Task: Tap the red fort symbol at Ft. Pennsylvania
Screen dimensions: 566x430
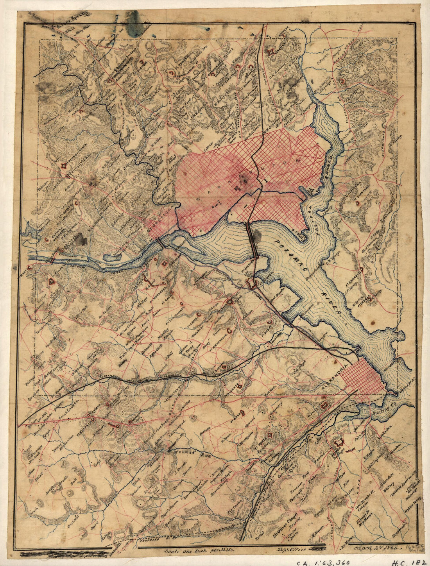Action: click(x=63, y=166)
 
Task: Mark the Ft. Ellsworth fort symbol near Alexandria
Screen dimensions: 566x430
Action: click(x=324, y=404)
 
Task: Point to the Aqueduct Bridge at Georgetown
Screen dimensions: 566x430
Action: click(x=160, y=243)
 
